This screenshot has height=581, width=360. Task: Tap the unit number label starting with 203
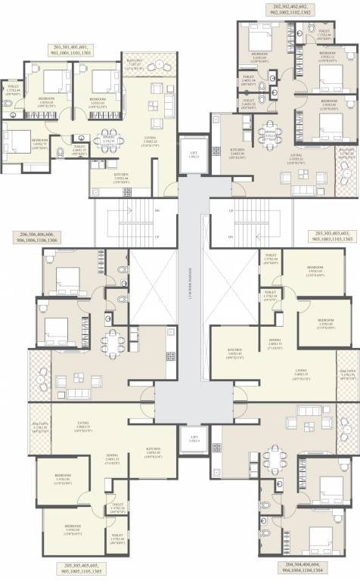pos(328,236)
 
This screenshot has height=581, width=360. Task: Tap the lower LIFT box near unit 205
pos(194,437)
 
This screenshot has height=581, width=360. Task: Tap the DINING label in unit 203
pos(274,342)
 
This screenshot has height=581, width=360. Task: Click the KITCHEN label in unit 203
pos(234,352)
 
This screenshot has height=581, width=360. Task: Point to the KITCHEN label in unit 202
pos(236,154)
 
